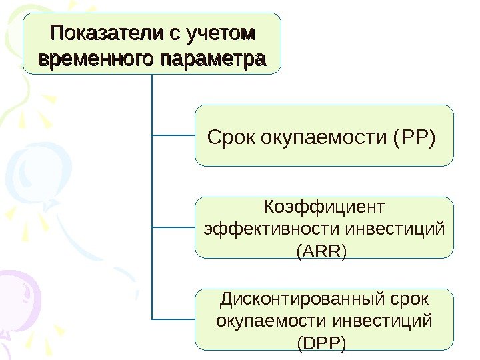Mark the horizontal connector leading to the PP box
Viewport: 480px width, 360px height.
tap(173, 135)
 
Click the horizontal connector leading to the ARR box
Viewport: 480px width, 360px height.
tap(173, 227)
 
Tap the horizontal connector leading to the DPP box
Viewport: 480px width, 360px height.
tap(173, 319)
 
